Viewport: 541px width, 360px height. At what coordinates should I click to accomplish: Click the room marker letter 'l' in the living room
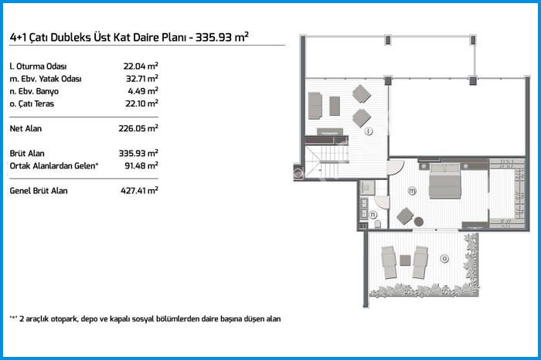pyautogui.click(x=369, y=131)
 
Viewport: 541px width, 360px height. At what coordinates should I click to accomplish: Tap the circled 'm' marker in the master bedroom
pyautogui.click(x=412, y=190)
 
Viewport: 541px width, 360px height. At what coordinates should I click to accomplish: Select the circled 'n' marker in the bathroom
pyautogui.click(x=373, y=215)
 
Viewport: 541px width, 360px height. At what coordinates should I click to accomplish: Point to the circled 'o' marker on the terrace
pyautogui.click(x=443, y=258)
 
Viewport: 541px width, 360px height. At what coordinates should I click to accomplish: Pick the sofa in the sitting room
pyautogui.click(x=315, y=105)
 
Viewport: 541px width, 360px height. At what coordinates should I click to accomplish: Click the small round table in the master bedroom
pyautogui.click(x=419, y=222)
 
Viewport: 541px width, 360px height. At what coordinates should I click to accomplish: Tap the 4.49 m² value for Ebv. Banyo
pyautogui.click(x=144, y=90)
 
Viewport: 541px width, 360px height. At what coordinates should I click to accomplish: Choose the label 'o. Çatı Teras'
pyautogui.click(x=34, y=102)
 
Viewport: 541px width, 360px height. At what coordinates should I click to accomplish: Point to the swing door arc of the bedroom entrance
pyautogui.click(x=395, y=167)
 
